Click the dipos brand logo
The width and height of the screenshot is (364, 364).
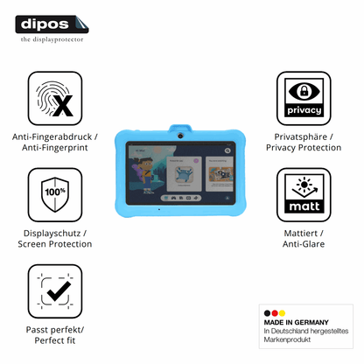pyautogui.click(x=52, y=24)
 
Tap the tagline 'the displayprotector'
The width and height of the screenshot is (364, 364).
pyautogui.click(x=52, y=39)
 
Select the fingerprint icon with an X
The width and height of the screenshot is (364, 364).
pyautogui.click(x=55, y=99)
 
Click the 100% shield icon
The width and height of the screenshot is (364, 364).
pyautogui.click(x=55, y=195)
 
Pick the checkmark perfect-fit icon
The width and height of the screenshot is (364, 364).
pyautogui.click(x=55, y=291)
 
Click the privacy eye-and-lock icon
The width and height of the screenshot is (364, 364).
pyautogui.click(x=304, y=99)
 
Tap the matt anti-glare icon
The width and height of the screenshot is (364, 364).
pyautogui.click(x=304, y=195)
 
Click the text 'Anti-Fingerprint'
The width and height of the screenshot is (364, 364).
pyautogui.click(x=55, y=148)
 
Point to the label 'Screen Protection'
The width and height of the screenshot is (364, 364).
pyautogui.click(x=55, y=244)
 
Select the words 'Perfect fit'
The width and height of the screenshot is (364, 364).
pyautogui.click(x=55, y=340)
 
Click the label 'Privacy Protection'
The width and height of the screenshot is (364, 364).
pyautogui.click(x=304, y=148)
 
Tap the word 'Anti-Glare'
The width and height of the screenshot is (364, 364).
pyautogui.click(x=304, y=244)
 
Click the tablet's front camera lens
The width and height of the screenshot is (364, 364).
pyautogui.click(x=180, y=136)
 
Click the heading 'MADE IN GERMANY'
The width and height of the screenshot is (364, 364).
pyautogui.click(x=296, y=322)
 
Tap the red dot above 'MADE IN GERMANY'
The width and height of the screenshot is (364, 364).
pyautogui.click(x=275, y=313)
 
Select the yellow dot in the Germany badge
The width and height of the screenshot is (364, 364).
pyautogui.click(x=282, y=313)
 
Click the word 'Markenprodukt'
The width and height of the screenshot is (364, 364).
pyautogui.click(x=287, y=339)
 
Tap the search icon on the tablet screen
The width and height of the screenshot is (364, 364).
pyautogui.click(x=227, y=150)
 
